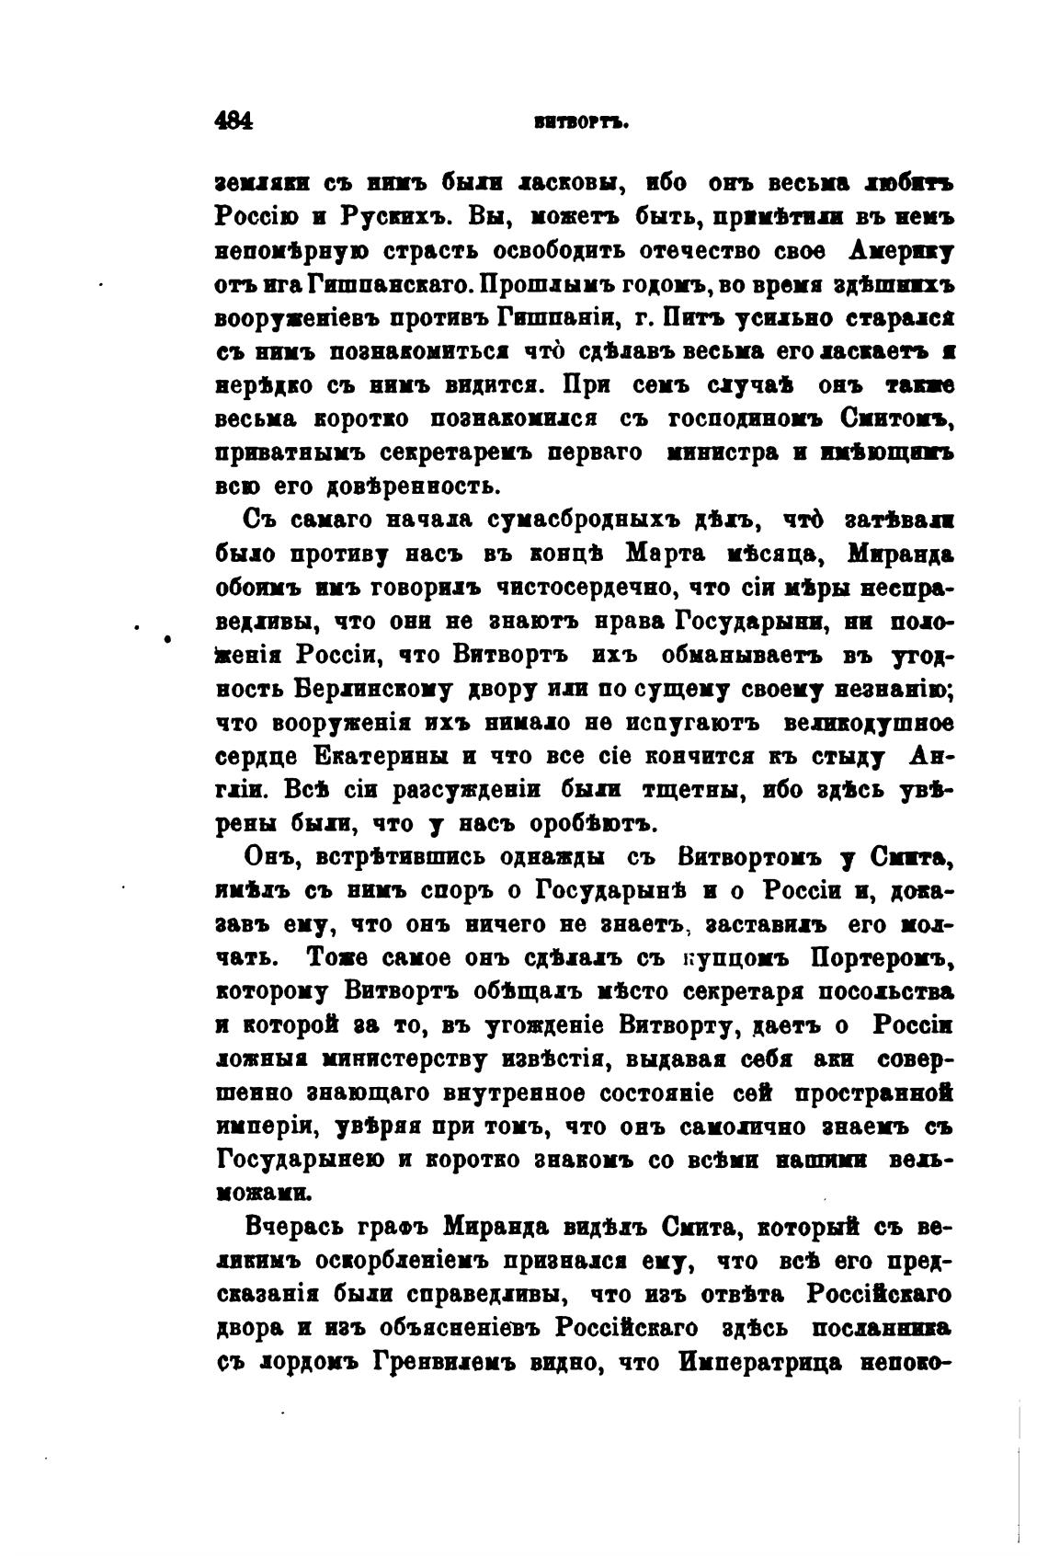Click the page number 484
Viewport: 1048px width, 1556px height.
[x=233, y=121]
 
